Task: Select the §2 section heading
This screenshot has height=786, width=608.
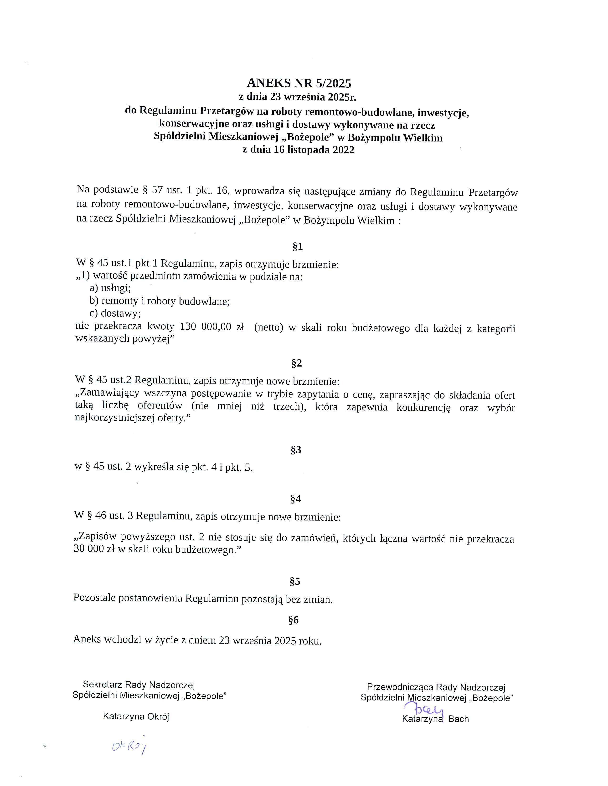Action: [297, 363]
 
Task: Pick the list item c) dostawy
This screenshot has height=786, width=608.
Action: [115, 313]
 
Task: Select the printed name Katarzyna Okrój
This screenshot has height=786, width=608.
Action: [136, 716]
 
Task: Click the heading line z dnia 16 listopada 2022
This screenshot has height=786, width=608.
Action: [298, 150]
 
